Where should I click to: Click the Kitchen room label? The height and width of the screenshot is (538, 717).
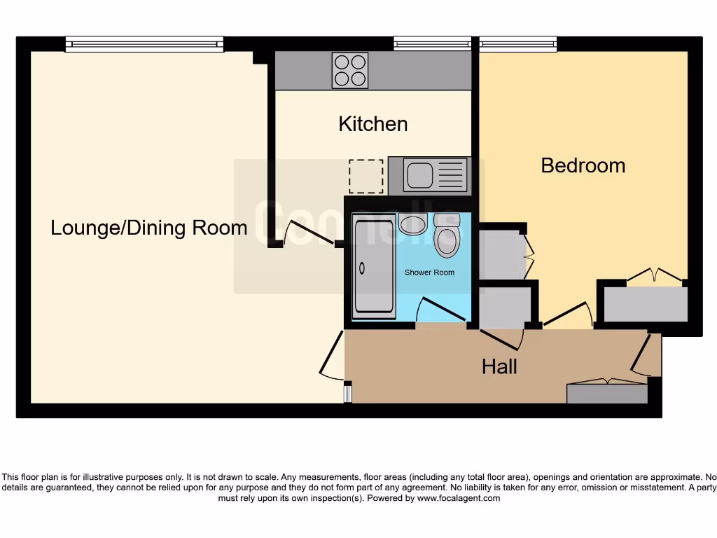pos(373,124)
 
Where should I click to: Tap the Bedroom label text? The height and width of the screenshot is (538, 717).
pos(583,165)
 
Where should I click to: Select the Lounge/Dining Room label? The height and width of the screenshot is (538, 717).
pos(148,228)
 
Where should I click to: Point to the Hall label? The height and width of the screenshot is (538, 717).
pos(499,366)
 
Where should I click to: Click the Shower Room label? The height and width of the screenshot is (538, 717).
pos(429,273)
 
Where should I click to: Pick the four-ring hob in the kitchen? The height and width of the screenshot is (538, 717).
pos(350,70)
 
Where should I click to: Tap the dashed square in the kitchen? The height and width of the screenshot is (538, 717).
pos(366,177)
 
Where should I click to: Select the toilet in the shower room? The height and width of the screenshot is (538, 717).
pos(447,235)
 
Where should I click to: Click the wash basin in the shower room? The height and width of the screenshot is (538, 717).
pos(413,224)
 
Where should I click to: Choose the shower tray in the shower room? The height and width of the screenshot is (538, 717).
pos(374,268)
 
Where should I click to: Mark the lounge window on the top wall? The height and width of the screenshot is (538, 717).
pos(144,44)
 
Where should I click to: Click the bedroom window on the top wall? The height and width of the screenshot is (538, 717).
pos(518,44)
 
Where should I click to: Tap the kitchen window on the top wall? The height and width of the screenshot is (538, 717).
pos(432,44)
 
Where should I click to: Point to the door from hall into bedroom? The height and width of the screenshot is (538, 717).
pos(567,314)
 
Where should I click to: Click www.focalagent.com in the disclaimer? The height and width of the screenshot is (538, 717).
pos(459,499)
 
